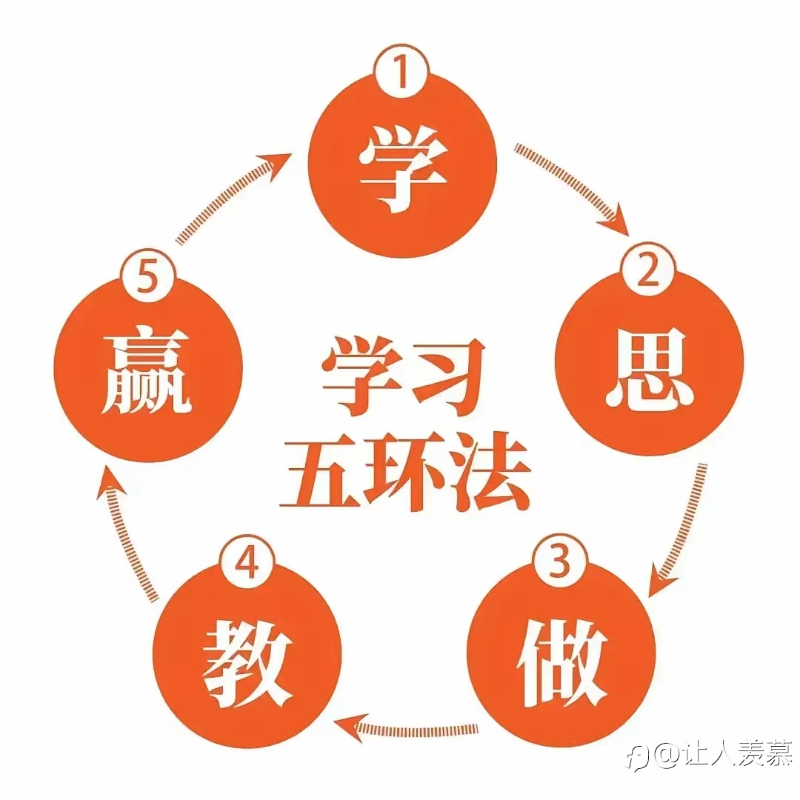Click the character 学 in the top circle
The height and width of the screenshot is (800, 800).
tap(403, 169)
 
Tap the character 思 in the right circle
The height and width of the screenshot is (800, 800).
tap(650, 368)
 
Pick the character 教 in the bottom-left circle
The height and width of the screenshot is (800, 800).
tap(247, 664)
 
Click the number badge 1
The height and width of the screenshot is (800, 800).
tap(401, 71)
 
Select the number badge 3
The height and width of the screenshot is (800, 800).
tap(560, 561)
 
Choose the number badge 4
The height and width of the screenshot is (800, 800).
tap(247, 563)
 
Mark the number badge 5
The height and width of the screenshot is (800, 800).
tap(148, 279)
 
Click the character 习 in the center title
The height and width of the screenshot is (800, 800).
tap(447, 375)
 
